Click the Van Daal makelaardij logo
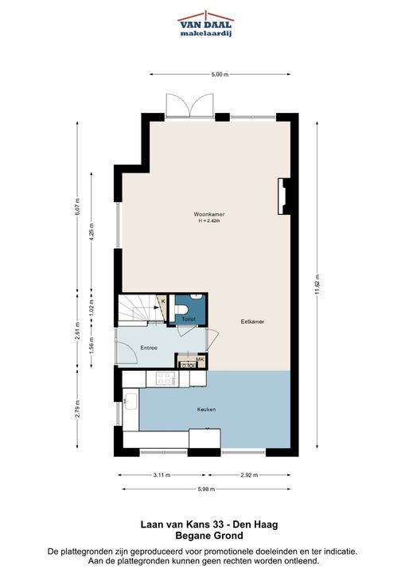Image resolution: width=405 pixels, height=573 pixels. [x=206, y=24]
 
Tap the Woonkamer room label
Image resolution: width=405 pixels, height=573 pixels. [x=209, y=215]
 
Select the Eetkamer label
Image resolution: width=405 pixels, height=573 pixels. [x=252, y=322]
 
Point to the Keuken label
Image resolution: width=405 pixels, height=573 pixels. [x=206, y=409]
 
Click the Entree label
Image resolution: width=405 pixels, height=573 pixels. [x=149, y=348]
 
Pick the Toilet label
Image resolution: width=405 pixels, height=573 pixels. [x=189, y=319]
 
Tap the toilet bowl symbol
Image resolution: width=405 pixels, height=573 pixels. [x=181, y=310]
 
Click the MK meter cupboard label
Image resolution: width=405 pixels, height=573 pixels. [x=200, y=359]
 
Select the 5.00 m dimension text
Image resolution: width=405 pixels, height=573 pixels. [x=220, y=75]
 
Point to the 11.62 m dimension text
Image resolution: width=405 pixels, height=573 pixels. [x=317, y=284]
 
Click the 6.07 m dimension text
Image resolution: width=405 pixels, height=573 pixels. [x=77, y=206]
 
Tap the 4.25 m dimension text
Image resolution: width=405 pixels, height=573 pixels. [x=92, y=231]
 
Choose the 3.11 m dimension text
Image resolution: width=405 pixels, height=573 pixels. [x=162, y=475]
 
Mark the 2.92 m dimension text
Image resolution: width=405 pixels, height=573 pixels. [x=249, y=475]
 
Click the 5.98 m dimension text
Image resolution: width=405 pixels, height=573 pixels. [x=206, y=489]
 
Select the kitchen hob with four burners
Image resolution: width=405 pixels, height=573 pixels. [x=165, y=379]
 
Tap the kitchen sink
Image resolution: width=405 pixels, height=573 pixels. [x=130, y=401]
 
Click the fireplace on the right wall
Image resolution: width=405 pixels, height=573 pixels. [x=283, y=197]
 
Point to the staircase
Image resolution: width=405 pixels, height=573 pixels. [x=141, y=308]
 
